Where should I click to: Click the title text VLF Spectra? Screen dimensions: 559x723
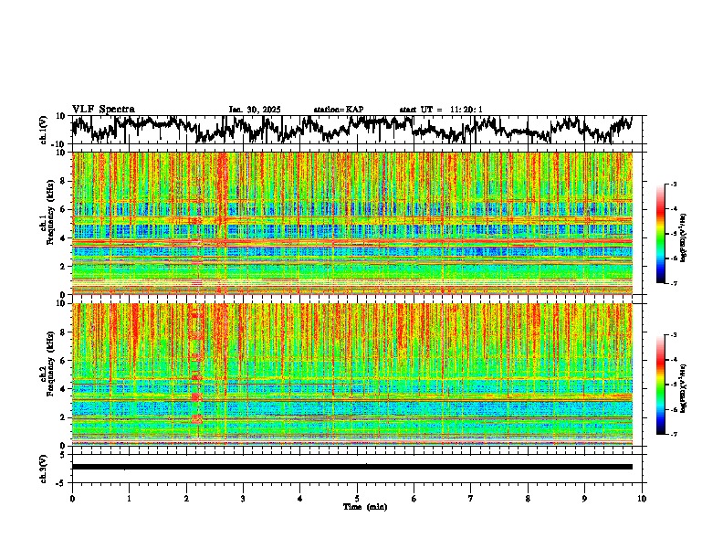(103, 109)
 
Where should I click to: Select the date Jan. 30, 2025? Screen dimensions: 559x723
(254, 110)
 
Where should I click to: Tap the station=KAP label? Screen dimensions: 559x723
(338, 110)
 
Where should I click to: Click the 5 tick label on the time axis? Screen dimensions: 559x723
(357, 499)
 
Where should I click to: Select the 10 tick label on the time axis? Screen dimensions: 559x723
(642, 499)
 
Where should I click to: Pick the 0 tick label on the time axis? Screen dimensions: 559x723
(72, 499)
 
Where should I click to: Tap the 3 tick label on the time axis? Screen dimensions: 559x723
(243, 499)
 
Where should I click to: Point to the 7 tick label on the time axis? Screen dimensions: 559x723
(471, 499)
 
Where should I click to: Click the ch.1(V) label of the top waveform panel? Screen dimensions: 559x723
(44, 130)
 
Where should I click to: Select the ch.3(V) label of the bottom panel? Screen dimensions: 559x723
(44, 466)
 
